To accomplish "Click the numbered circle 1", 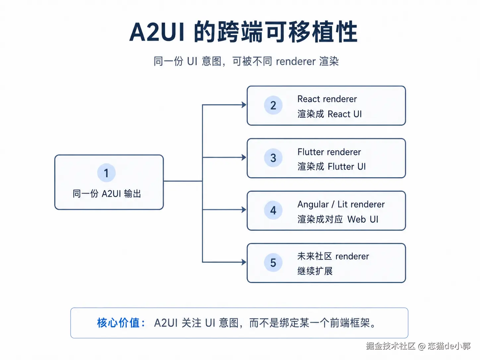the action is pos(106,173).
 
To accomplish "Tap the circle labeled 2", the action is pos(273,105).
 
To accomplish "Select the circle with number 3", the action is pos(273,157).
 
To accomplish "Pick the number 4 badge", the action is pos(273,210).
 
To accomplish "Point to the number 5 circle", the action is pos(273,262).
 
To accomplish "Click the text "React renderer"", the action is pos(327,99).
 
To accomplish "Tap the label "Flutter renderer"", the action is pos(329,152).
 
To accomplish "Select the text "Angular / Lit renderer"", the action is pos(341,205).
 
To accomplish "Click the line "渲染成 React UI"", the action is pos(330,114).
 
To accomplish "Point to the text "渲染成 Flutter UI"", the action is pos(331,166).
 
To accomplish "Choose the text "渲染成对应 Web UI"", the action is pos(338,219).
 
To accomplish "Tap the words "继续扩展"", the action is pos(315,271).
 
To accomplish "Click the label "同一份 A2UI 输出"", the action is pos(107,194).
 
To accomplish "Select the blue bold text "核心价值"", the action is pos(118,323).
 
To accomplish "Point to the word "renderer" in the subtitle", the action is pos(296,61).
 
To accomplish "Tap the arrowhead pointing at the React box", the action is pos(244,105).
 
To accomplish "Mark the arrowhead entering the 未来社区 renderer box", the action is pos(244,262).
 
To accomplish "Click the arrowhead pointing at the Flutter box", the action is pos(244,157).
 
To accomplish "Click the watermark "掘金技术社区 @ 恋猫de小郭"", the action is pos(418,346).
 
